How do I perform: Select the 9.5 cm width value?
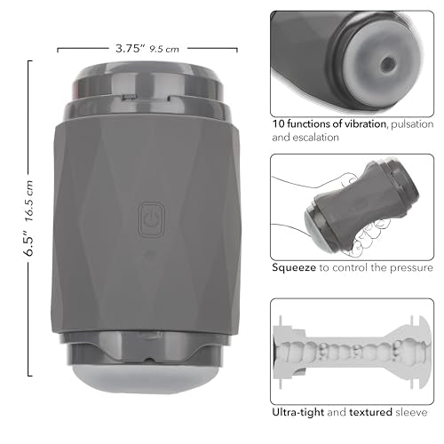point(166,50)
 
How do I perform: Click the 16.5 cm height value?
point(28,195)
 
